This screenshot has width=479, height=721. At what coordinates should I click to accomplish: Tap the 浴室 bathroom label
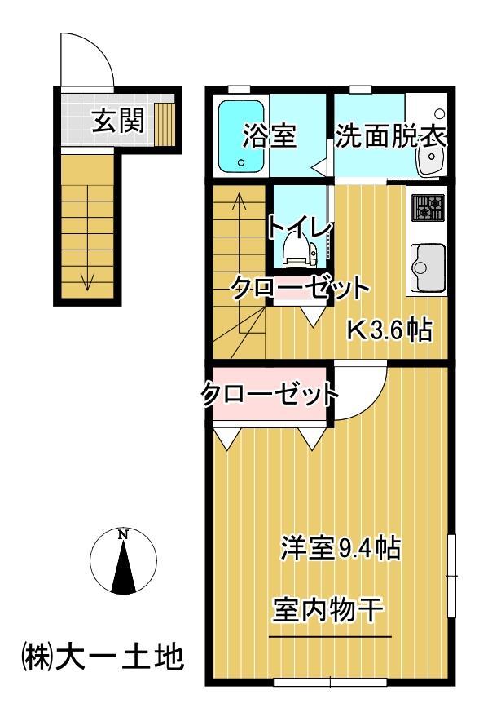268,136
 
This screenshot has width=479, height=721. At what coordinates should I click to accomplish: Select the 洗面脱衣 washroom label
390,136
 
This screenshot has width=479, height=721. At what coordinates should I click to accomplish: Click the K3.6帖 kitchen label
389,330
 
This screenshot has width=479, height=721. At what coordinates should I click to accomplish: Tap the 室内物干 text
328,610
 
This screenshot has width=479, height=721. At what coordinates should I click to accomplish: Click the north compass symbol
122,562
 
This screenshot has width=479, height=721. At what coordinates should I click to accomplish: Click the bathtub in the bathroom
242,135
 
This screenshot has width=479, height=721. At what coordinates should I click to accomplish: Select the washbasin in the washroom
428,158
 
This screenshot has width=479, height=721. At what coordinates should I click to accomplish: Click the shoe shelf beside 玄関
165,122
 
